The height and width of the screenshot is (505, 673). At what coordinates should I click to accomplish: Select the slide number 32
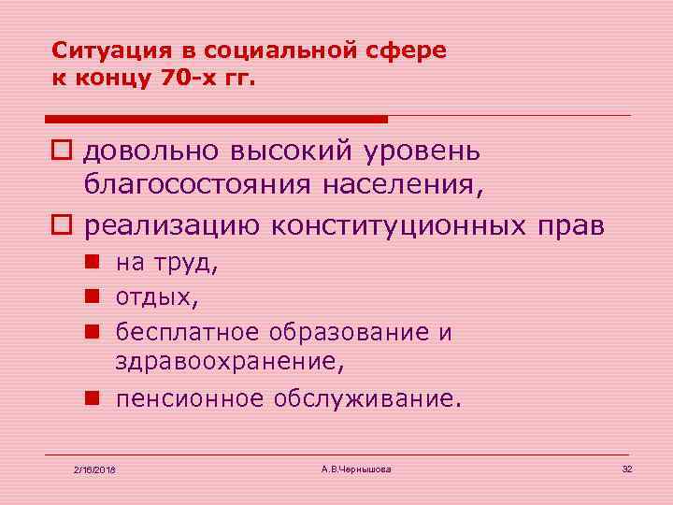[627, 467]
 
